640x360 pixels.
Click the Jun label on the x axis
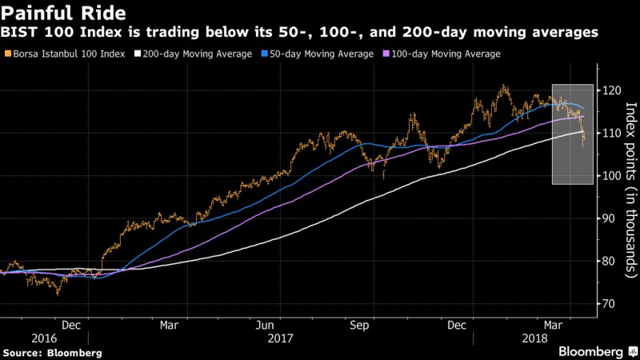[266, 325]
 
